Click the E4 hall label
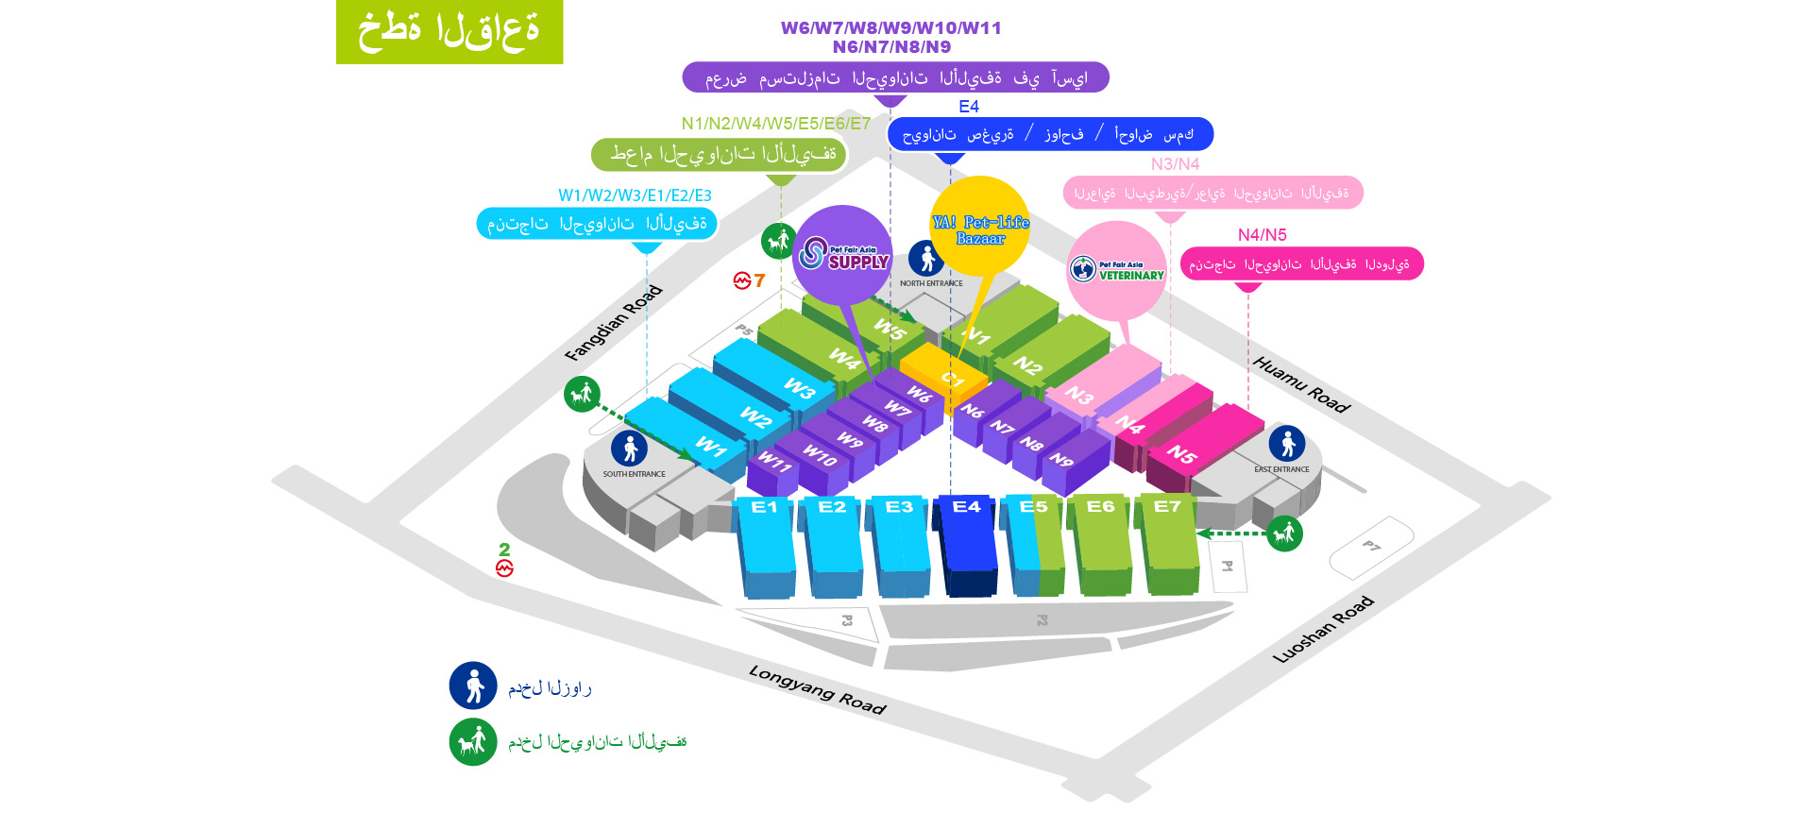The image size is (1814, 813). coord(966,507)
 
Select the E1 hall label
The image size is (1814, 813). coord(764,507)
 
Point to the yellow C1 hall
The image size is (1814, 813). coord(944,373)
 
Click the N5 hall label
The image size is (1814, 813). coord(1181,454)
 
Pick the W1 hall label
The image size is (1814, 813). coord(710,446)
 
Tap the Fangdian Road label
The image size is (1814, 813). coord(613,323)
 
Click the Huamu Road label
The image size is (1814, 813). coord(1301,384)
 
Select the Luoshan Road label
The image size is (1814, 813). coord(1322,630)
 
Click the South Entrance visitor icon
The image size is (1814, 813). coord(629,449)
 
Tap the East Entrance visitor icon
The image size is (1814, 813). coord(1287,443)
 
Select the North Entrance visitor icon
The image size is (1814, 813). coord(926,258)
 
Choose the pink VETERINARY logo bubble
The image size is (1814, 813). coord(1117,271)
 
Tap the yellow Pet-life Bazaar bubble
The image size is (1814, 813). coord(980,227)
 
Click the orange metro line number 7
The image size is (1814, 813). coord(759,280)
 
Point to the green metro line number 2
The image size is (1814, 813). coord(504,550)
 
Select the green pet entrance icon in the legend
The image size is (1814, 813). coord(473,742)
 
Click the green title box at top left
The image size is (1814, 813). coord(449,32)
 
